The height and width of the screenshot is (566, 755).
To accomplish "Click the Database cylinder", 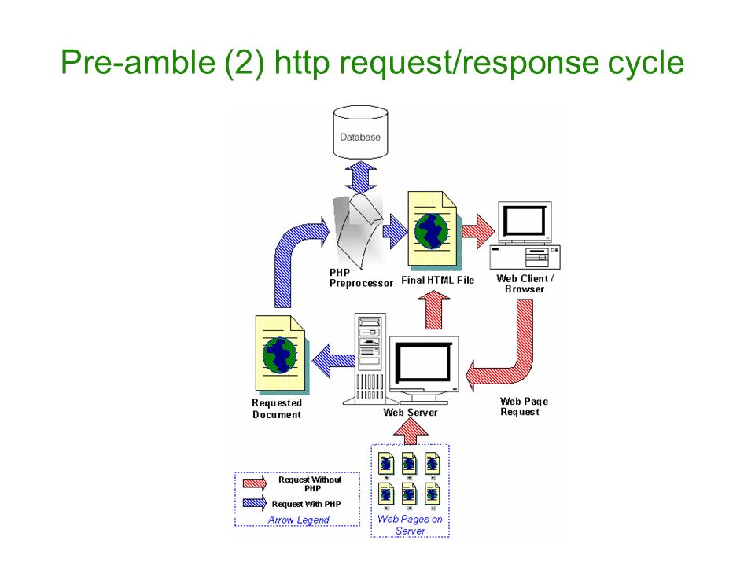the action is click(360, 133).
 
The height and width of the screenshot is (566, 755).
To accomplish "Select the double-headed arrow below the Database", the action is click(360, 178).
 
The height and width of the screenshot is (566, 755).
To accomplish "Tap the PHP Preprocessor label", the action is click(361, 278).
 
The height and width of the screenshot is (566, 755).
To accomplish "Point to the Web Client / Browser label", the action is click(525, 284).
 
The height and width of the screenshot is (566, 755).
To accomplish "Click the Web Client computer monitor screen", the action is click(525, 220).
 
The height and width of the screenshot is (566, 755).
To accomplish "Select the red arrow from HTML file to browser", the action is click(478, 231).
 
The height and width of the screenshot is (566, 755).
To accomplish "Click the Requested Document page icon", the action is click(282, 354).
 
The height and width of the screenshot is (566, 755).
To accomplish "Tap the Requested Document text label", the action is click(277, 409).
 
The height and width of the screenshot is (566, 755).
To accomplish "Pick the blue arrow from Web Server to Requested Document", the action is click(333, 360).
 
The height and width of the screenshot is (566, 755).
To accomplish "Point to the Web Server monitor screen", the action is click(423, 362).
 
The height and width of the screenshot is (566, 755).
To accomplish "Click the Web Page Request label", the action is click(524, 406).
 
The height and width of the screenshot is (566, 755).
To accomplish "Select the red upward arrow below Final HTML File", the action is click(434, 311).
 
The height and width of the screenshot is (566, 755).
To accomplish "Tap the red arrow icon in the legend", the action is click(255, 482).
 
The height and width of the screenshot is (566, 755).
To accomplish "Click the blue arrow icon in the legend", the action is click(255, 503).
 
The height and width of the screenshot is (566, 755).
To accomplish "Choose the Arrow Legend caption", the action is click(299, 520).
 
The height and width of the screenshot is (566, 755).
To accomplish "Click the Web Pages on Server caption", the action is click(410, 524).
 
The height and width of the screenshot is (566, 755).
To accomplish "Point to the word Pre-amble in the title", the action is click(138, 62).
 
